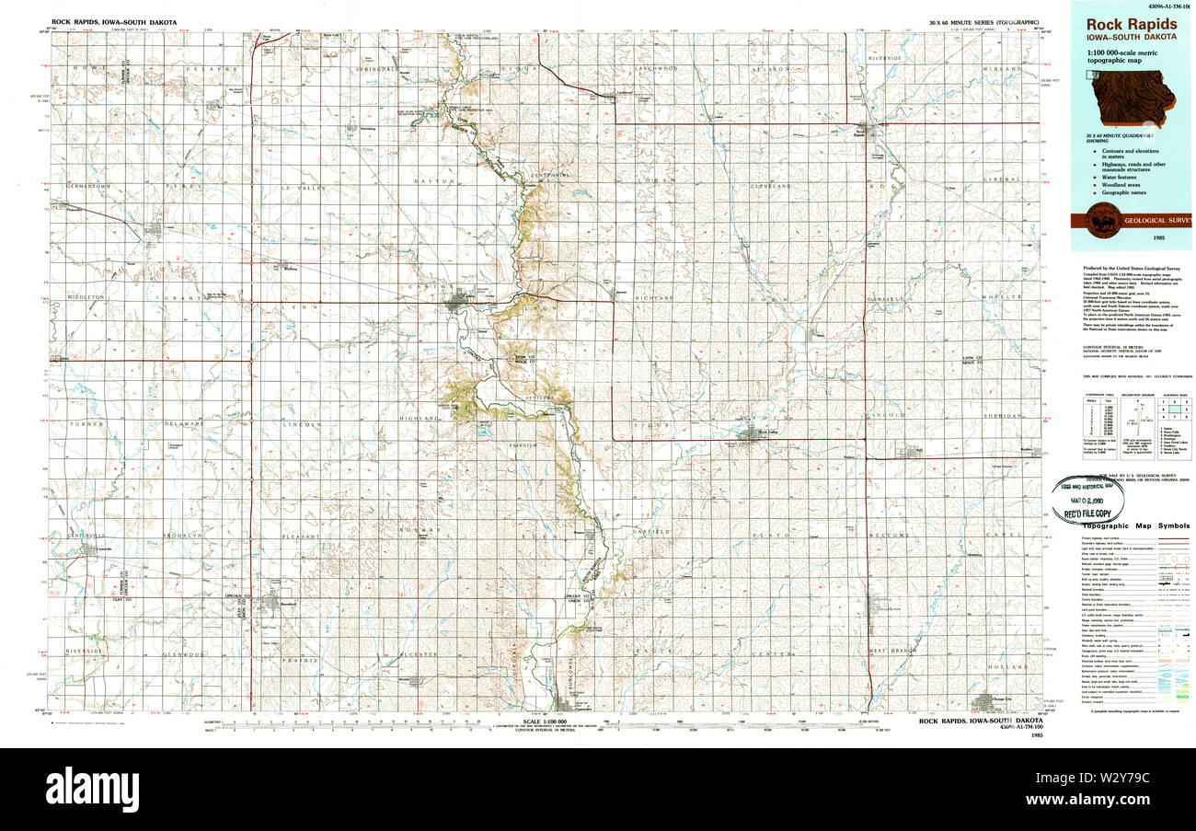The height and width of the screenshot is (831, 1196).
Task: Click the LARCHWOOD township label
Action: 660,69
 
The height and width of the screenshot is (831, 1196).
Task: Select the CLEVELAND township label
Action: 771,186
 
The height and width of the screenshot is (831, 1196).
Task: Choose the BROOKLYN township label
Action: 181,535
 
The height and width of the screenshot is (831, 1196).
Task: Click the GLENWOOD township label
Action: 181,653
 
